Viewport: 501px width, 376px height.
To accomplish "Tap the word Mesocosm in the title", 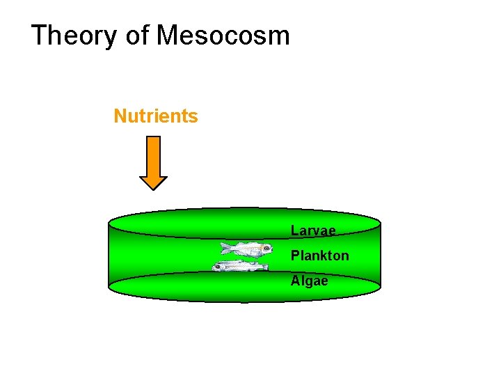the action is pyautogui.click(x=223, y=35).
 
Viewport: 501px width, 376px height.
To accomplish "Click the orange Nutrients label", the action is pyautogui.click(x=156, y=116).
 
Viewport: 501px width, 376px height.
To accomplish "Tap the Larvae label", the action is pyautogui.click(x=313, y=230).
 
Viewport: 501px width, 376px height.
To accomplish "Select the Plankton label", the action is pyautogui.click(x=320, y=256).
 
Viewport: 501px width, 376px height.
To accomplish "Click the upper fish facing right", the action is pyautogui.click(x=246, y=249).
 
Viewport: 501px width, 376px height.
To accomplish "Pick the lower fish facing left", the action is pyautogui.click(x=240, y=266).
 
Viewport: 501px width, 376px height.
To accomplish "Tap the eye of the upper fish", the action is pyautogui.click(x=264, y=247).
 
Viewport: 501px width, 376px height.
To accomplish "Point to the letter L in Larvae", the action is pyautogui.click(x=294, y=230).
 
